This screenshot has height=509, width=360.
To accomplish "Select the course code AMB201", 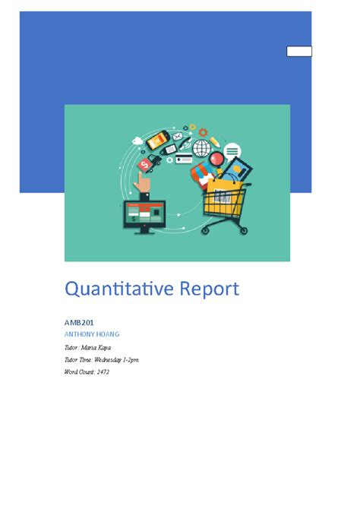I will pos(79,323).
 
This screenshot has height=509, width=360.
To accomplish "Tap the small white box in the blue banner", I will pos(298,52).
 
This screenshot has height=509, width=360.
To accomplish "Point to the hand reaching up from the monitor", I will pos(142,182).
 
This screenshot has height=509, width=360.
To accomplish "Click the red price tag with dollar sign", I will pos(144,163).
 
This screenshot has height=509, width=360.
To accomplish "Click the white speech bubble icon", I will pos(232,150).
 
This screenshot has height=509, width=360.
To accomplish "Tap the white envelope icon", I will pos(178,137).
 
